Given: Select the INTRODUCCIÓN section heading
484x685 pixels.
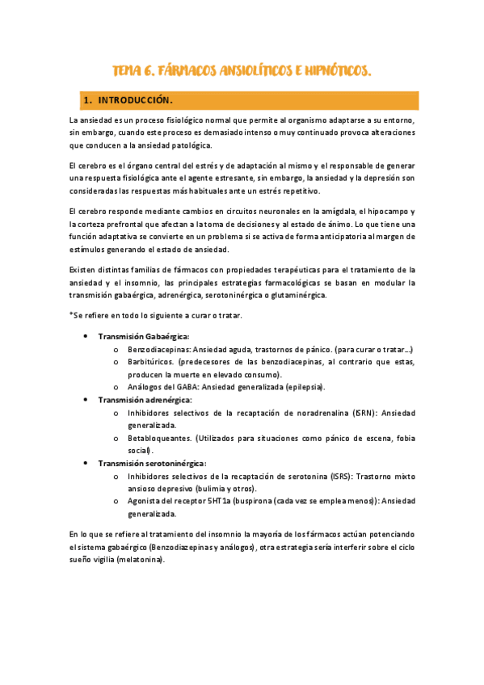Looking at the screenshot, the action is click(136, 100).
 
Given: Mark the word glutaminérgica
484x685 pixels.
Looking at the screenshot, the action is click(291, 296).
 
